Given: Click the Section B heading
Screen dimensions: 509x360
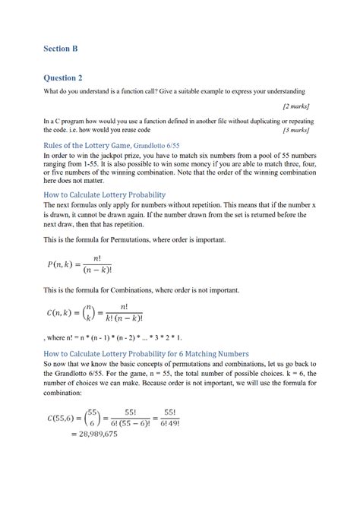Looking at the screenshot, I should point(61,49).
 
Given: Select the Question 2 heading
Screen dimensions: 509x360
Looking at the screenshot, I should point(64,77).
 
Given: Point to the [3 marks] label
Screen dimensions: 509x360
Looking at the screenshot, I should point(295,130).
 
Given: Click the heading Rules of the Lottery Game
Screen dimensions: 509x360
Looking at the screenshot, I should point(87,144).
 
